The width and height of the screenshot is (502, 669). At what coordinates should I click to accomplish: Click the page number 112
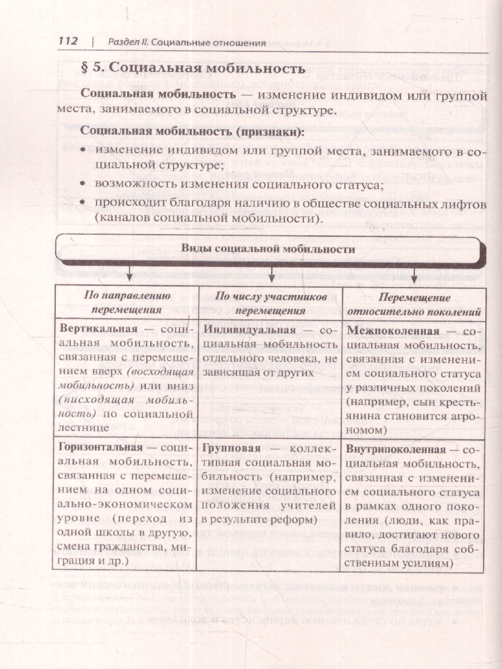68,42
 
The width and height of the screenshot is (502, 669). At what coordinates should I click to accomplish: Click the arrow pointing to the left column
129,273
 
